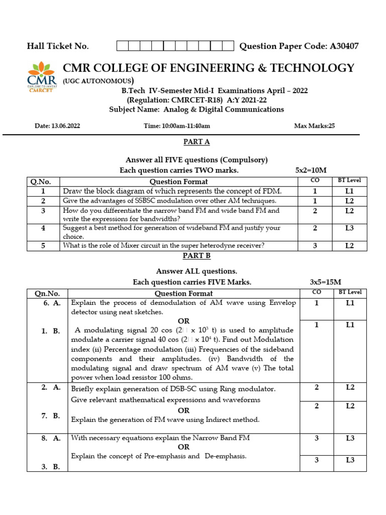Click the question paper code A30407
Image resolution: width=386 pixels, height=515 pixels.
pos(344,46)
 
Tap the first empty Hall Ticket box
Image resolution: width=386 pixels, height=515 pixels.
pos(122,46)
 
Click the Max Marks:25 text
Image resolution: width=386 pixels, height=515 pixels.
pos(314,126)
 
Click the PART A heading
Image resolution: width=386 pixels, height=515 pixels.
pos(193,142)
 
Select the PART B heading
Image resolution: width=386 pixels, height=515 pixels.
pos(193,256)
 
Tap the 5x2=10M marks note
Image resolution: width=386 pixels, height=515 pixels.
pos(314,170)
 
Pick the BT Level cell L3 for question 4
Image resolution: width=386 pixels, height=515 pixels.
pos(349,228)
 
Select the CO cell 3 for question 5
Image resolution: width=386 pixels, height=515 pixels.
pos(315,245)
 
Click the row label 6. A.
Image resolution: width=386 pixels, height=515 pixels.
pos(52,303)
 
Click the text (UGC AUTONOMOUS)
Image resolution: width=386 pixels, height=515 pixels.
pos(98,81)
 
